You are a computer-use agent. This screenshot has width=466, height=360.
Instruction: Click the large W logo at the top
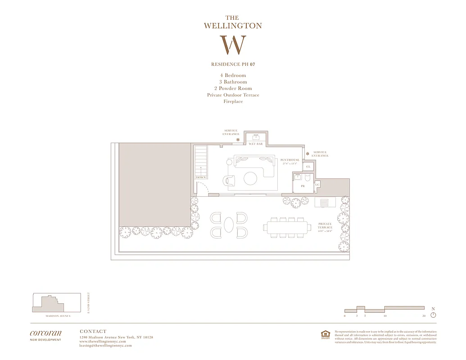coord(233,45)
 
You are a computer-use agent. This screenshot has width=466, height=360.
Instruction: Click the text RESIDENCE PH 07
coord(233,64)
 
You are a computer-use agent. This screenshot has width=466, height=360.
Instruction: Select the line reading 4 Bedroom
coord(233,76)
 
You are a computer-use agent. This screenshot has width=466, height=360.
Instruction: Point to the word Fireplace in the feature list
coord(233,102)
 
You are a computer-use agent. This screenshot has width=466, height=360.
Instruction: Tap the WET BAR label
coord(256,144)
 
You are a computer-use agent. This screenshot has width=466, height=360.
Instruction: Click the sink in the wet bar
coord(256,136)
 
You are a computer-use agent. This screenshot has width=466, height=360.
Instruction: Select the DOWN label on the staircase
coord(201,177)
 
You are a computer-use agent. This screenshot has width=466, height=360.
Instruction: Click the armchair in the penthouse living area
coord(230,180)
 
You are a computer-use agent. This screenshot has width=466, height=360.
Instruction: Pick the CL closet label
coord(308,167)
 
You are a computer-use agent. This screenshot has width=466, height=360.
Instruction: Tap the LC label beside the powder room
coord(317,184)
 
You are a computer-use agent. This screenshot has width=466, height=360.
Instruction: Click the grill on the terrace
coord(325,202)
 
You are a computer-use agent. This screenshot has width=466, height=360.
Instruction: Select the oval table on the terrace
coord(229,225)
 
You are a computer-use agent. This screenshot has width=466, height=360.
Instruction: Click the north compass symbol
coord(433,315)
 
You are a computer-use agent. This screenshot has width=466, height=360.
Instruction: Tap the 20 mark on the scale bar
coord(424,316)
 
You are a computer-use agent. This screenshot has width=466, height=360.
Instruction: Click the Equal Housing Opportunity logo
coord(325,334)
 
